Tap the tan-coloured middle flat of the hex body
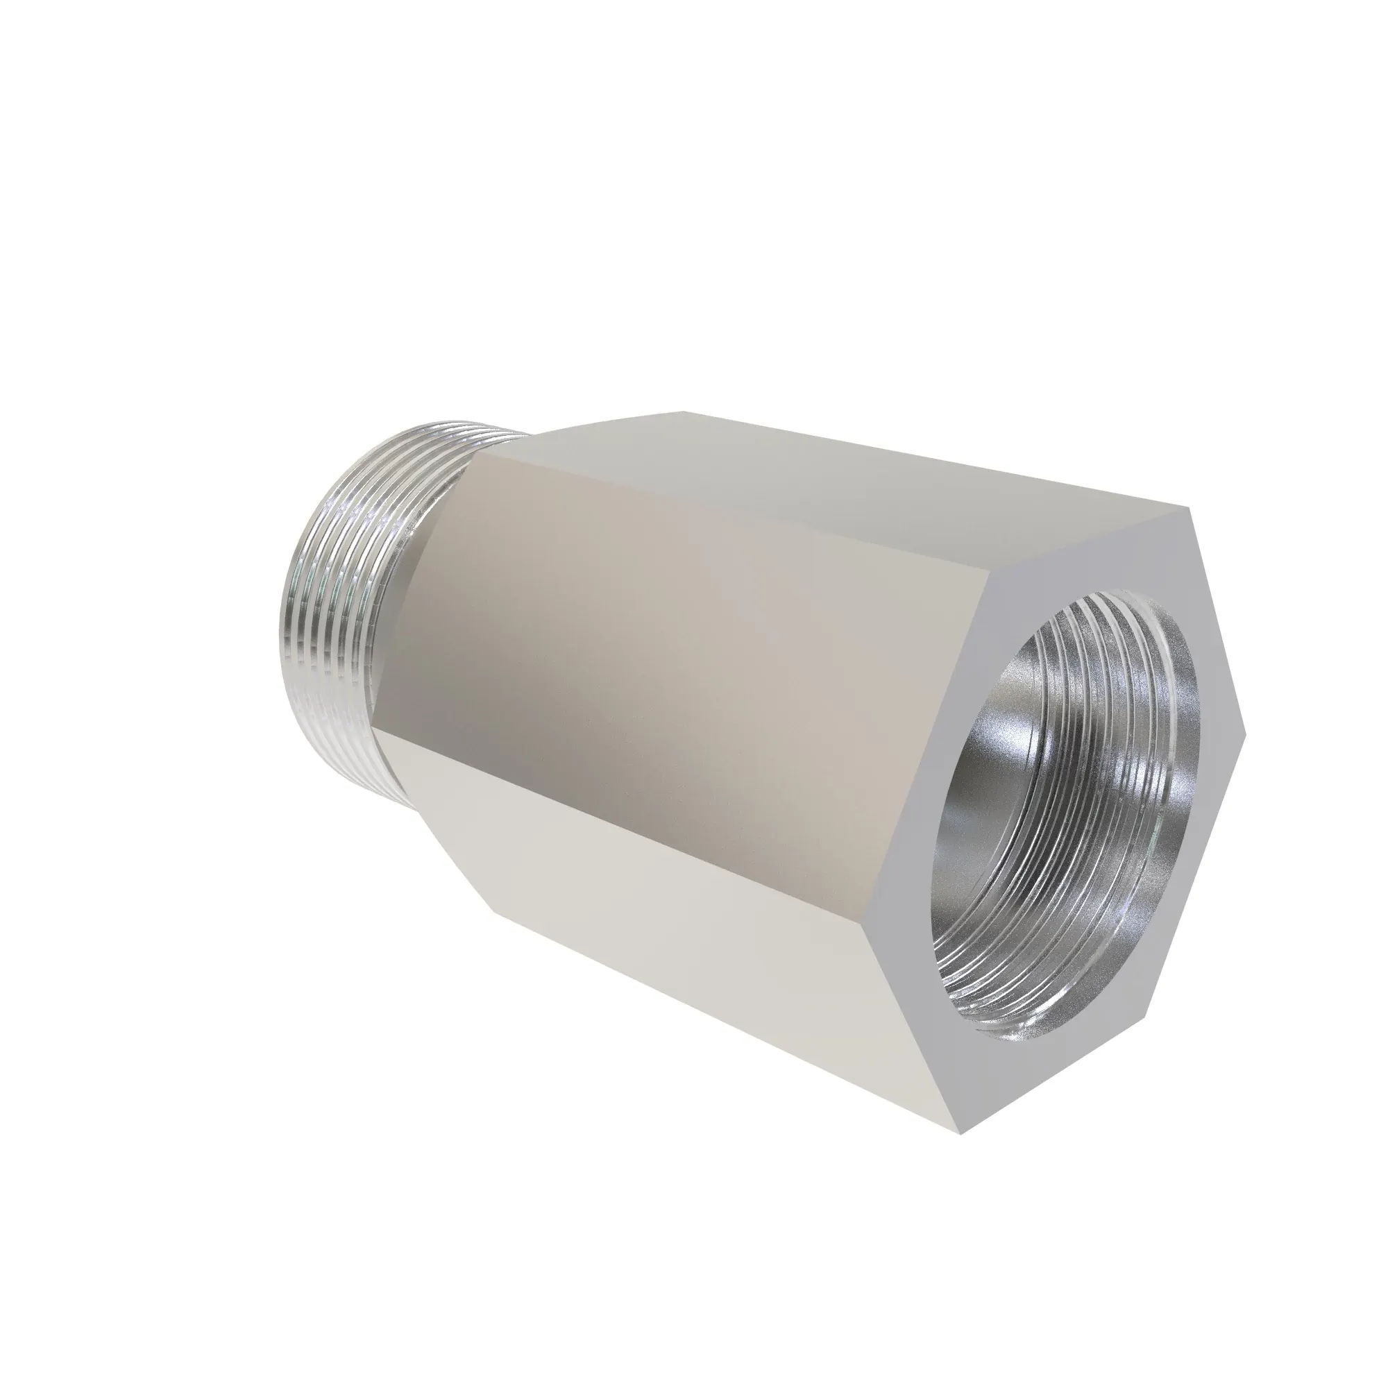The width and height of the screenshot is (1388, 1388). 682,661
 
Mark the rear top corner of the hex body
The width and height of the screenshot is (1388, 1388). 682,412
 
